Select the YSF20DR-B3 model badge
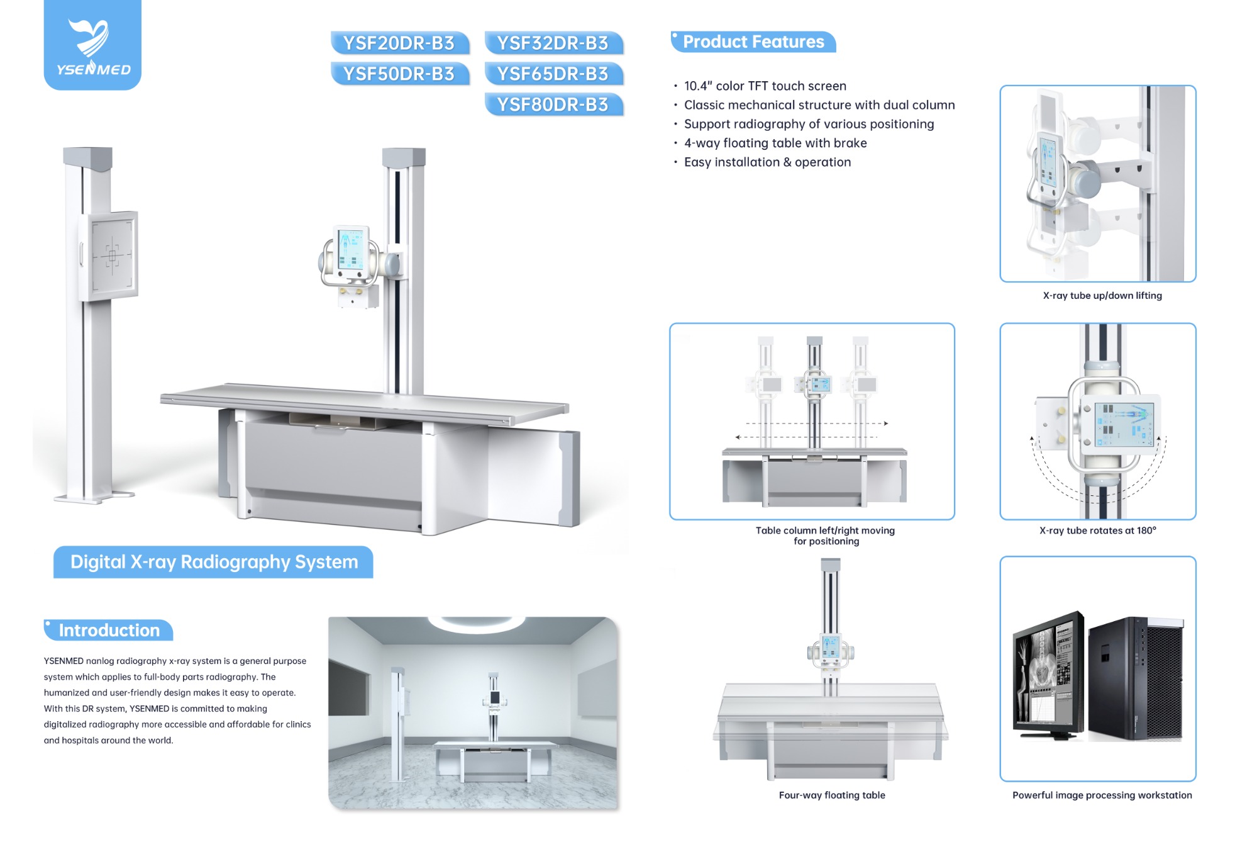point(399,43)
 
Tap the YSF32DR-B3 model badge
point(553,43)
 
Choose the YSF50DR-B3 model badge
point(399,74)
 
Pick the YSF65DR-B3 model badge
point(553,74)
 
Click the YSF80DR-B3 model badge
point(553,104)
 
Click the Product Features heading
point(753,42)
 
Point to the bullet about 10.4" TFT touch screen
point(765,86)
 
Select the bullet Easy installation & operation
point(767,162)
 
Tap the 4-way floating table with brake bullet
point(775,143)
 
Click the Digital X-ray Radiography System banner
point(213,561)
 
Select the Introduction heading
point(109,630)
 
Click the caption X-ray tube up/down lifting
point(1102,295)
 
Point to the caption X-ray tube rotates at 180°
point(1097,530)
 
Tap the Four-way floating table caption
point(831,795)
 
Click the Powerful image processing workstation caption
point(1102,795)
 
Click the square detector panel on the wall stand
point(112,255)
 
